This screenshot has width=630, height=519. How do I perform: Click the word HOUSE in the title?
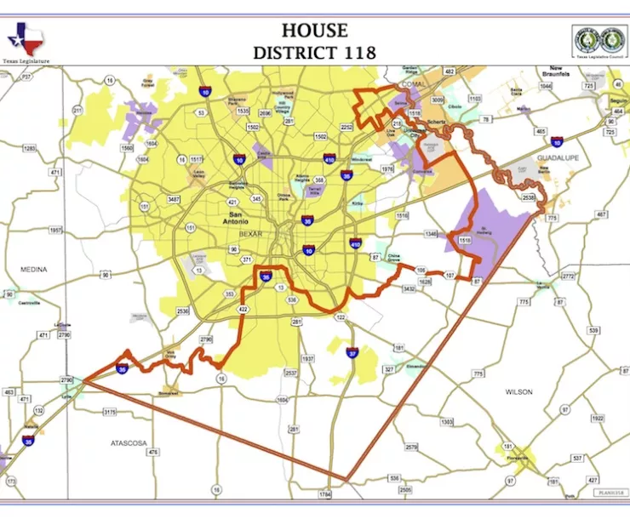tap(314, 31)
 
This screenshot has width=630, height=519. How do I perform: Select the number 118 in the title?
tap(355, 52)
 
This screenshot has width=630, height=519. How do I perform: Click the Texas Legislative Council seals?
tap(600, 39)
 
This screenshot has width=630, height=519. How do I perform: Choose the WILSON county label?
tap(518, 391)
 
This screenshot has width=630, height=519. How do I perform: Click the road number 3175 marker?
tap(109, 413)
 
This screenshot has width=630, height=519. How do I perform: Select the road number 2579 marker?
tap(412, 447)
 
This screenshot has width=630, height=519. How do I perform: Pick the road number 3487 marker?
tap(174, 199)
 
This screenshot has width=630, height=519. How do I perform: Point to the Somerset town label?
tap(169, 392)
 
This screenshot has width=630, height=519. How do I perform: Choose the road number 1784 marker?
tap(324, 493)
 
